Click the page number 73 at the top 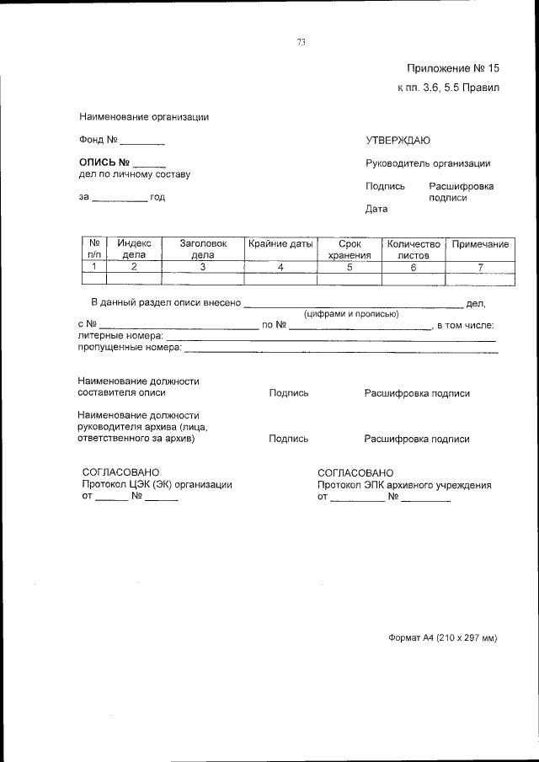pyautogui.click(x=301, y=43)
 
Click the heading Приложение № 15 pyautogui.click(x=453, y=68)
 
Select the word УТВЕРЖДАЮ pyautogui.click(x=398, y=140)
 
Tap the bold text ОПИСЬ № pyautogui.click(x=104, y=162)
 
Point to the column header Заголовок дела pyautogui.click(x=203, y=248)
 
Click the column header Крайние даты pyautogui.click(x=280, y=244)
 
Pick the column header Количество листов pyautogui.click(x=413, y=248)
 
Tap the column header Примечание pyautogui.click(x=480, y=244)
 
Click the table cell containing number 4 pyautogui.click(x=280, y=267)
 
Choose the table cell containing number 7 pyautogui.click(x=480, y=267)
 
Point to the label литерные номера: pyautogui.click(x=120, y=335)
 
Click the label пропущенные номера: pyautogui.click(x=130, y=346)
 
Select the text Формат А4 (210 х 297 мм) pyautogui.click(x=443, y=638)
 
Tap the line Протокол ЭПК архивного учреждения pyautogui.click(x=404, y=485)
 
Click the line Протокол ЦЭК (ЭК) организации pyautogui.click(x=157, y=485)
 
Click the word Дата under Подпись pyautogui.click(x=376, y=209)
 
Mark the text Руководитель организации pyautogui.click(x=428, y=163)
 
